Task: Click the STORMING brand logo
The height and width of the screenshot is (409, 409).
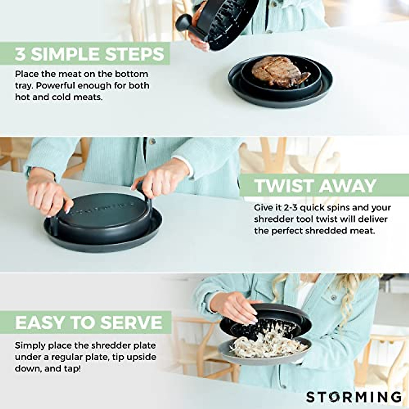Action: click(x=353, y=397)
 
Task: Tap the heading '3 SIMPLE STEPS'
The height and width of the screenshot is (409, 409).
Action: click(x=89, y=55)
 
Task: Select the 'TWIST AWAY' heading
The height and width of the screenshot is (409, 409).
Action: click(x=315, y=186)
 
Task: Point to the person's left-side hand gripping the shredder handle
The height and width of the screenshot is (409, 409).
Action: click(x=49, y=195)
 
